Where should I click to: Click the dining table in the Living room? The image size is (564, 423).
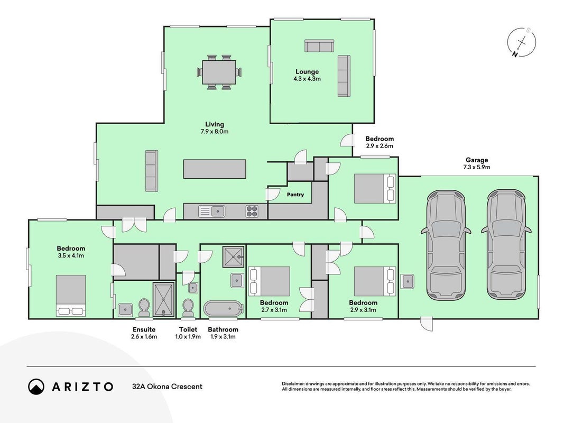[219, 72]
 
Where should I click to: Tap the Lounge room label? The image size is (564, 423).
[307, 71]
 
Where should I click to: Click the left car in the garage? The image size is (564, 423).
[446, 245]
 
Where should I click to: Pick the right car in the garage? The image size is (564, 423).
[506, 245]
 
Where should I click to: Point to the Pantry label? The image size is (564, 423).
[295, 195]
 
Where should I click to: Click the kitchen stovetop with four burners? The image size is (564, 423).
[252, 211]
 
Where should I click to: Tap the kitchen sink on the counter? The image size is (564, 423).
[212, 211]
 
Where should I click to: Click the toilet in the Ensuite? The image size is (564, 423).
[144, 308]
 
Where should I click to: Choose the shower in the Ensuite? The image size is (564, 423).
[164, 300]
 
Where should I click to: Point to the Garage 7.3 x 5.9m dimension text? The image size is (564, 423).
[477, 167]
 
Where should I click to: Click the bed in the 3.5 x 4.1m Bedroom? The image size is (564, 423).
[71, 296]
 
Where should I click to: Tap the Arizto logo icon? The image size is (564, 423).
[36, 387]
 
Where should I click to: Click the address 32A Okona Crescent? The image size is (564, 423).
[167, 387]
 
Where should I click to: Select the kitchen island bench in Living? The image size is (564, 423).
[215, 169]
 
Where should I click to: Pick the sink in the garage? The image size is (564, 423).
[407, 281]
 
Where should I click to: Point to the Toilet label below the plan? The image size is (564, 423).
[188, 329]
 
